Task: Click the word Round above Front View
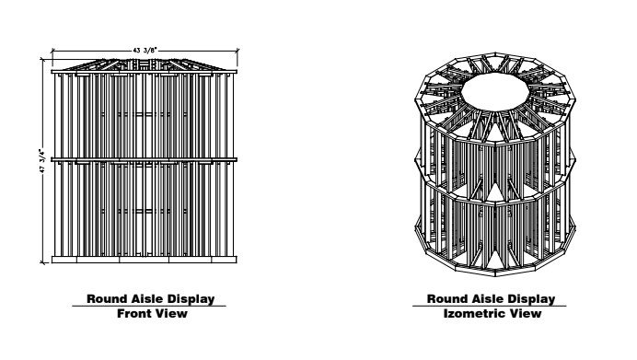pos(107,298)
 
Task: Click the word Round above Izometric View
pos(446,298)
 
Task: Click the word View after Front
pos(171,314)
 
